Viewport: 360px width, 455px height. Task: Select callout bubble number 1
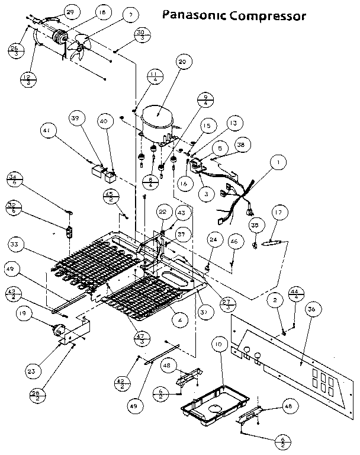275,161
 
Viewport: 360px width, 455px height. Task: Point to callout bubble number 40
104,121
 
